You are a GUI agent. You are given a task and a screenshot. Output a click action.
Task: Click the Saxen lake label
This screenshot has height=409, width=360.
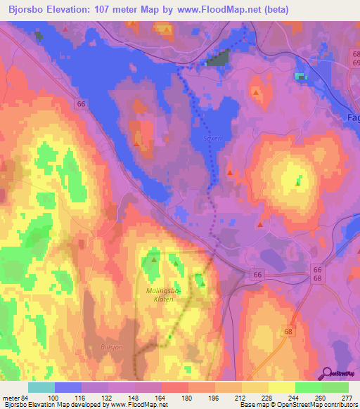coord(213,138)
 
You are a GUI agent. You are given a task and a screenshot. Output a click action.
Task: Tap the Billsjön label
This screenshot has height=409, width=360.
coord(103,346)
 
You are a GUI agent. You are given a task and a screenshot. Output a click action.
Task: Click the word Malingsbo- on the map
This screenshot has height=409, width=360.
coord(165,290)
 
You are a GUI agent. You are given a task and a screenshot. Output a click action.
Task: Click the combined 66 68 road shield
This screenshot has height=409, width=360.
coord(318,274)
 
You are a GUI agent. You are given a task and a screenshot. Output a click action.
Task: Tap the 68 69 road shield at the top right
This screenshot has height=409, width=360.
coord(354,58)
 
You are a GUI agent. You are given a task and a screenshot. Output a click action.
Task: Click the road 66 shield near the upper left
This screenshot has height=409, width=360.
coord(82,104)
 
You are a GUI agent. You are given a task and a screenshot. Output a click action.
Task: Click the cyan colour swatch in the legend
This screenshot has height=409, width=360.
coord(41,387)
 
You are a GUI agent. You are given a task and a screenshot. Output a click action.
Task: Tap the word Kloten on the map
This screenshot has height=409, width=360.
coord(164,299)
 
